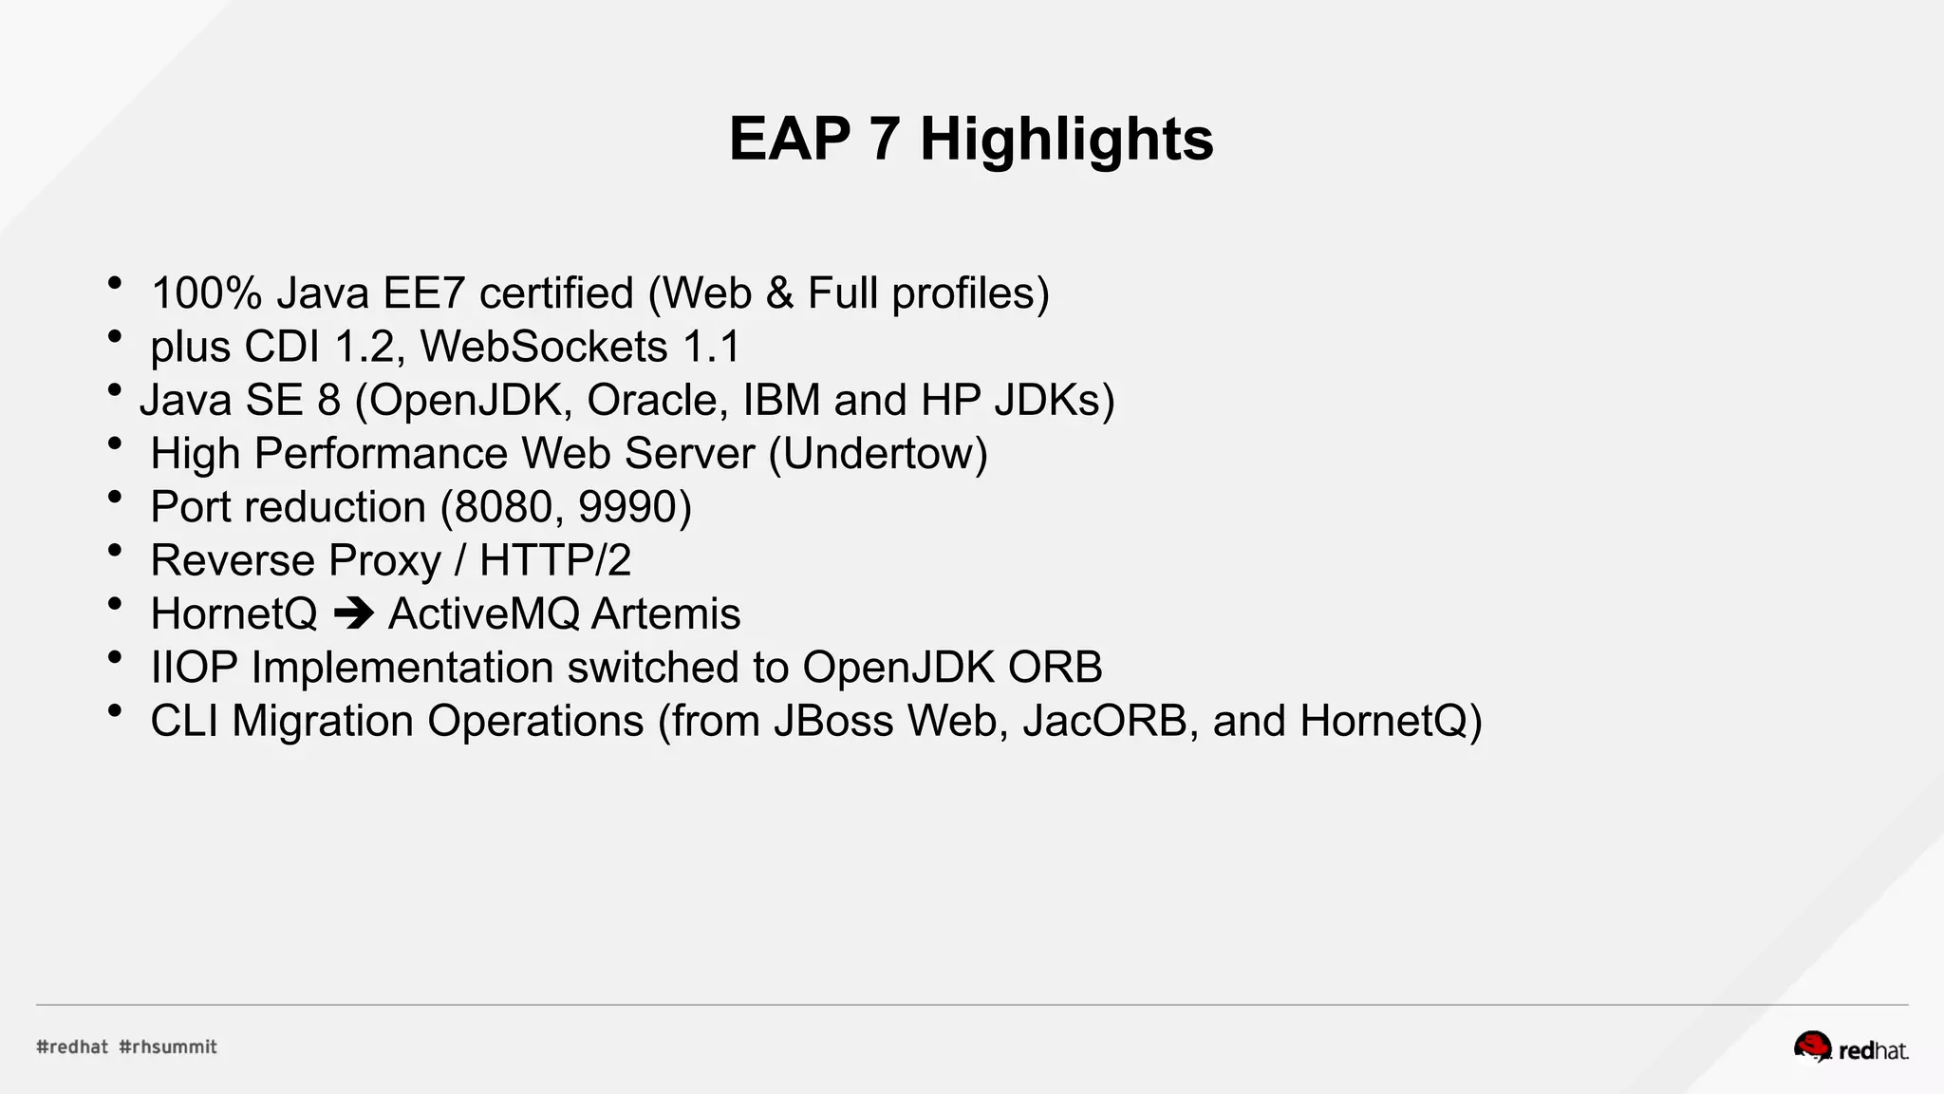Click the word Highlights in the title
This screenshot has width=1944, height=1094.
tap(1066, 140)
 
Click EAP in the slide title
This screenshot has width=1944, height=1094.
tap(789, 140)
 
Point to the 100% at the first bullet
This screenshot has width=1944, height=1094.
tap(206, 293)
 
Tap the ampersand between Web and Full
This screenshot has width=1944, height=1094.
tap(779, 293)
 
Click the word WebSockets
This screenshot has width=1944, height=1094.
tap(544, 347)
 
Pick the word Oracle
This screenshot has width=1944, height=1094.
tap(657, 400)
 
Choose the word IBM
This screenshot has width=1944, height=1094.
tap(780, 400)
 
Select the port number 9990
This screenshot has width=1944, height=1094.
tap(626, 507)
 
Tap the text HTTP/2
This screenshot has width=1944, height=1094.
tap(555, 560)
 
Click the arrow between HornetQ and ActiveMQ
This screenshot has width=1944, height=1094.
tap(353, 613)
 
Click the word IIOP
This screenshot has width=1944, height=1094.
tap(194, 668)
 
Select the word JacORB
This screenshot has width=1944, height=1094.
tap(1104, 721)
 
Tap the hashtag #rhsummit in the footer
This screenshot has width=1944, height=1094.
tap(168, 1047)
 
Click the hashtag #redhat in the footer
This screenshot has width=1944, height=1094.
tap(72, 1047)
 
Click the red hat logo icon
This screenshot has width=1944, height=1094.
tap(1812, 1047)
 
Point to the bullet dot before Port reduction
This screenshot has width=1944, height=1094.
tap(115, 497)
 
